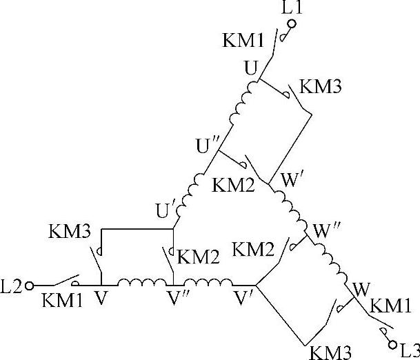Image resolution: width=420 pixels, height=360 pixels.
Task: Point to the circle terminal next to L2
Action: pyautogui.click(x=29, y=283)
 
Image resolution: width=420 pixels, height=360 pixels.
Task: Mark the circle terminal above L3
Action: pyautogui.click(x=393, y=343)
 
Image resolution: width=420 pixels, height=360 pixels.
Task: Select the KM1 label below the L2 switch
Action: pyautogui.click(x=61, y=301)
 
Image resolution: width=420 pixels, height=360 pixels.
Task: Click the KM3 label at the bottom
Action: pyautogui.click(x=327, y=350)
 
